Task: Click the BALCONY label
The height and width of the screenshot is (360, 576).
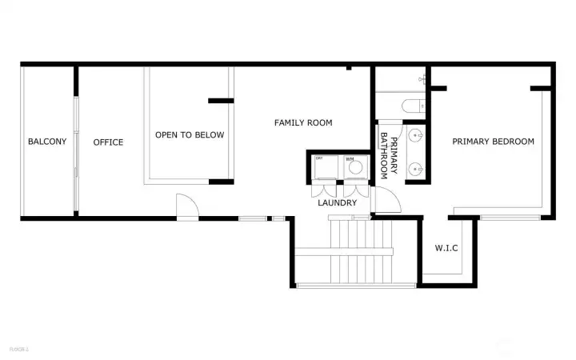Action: coord(47,142)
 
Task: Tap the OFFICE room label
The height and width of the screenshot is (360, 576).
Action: coord(108,142)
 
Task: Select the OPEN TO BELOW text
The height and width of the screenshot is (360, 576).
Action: coord(190,135)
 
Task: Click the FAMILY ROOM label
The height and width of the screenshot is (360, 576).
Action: coord(303,122)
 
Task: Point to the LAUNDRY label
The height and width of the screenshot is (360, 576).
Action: coord(337,202)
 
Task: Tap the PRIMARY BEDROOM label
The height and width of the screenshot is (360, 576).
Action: coord(493,142)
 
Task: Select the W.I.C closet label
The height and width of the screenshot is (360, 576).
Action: coord(446,248)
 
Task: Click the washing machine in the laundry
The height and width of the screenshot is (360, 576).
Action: coord(355,168)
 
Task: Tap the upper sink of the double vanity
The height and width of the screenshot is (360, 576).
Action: coord(415,137)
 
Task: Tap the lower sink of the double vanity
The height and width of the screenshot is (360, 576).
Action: coord(415,169)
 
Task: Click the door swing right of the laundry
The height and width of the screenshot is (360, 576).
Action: coord(382,202)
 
